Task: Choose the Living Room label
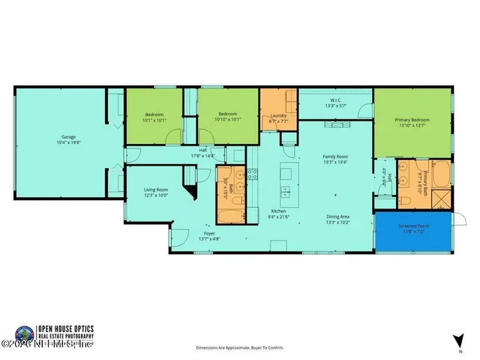click(156, 190)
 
